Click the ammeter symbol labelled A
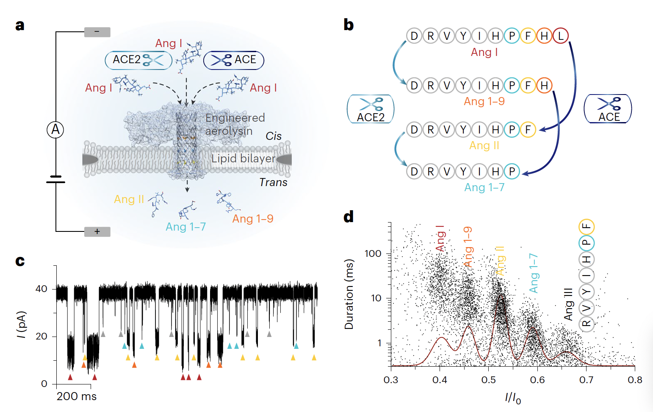pyautogui.click(x=55, y=129)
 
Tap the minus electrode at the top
pyautogui.click(x=97, y=32)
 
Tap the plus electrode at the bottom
pyautogui.click(x=97, y=231)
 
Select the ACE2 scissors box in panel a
pyautogui.click(x=138, y=60)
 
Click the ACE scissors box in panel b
pyautogui.click(x=608, y=109)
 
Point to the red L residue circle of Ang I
pyautogui.click(x=560, y=36)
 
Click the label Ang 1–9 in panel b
pyautogui.click(x=484, y=102)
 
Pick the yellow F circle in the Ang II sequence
pyautogui.click(x=528, y=129)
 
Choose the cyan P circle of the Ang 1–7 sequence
pyautogui.click(x=512, y=171)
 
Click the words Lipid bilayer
pyautogui.click(x=243, y=159)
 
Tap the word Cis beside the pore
pyautogui.click(x=274, y=136)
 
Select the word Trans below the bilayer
pyautogui.click(x=273, y=182)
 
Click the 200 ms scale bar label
pyautogui.click(x=77, y=396)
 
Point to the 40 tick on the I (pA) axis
pyautogui.click(x=42, y=289)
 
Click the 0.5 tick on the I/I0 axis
pyautogui.click(x=488, y=380)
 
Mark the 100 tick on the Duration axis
pyautogui.click(x=373, y=253)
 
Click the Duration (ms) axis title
pyautogui.click(x=349, y=294)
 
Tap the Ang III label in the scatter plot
pyautogui.click(x=568, y=304)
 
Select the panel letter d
pyautogui.click(x=349, y=217)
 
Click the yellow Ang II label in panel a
pyautogui.click(x=129, y=199)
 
